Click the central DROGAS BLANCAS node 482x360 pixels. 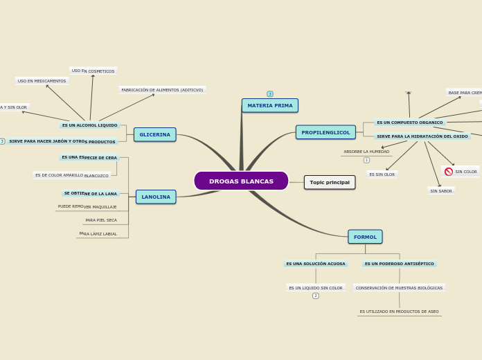click(x=241, y=181)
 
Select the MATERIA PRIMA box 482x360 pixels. click(x=270, y=106)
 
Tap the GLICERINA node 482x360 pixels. click(x=154, y=134)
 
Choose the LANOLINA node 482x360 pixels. click(x=156, y=197)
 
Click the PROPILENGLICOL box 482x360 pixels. click(x=325, y=132)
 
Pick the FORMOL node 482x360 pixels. click(x=365, y=237)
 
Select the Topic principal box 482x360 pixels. click(x=330, y=182)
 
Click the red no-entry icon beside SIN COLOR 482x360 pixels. click(x=449, y=172)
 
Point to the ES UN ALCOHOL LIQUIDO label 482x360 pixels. click(x=89, y=125)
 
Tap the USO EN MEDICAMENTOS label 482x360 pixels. click(x=42, y=81)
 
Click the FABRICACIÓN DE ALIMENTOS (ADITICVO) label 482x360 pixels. click(x=162, y=90)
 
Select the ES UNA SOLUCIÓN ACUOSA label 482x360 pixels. click(x=316, y=264)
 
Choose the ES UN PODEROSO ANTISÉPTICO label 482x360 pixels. click(x=400, y=264)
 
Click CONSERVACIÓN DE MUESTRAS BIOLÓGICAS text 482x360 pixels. click(x=399, y=288)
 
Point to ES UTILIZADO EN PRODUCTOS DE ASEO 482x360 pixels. click(x=399, y=312)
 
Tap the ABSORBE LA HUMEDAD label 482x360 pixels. click(x=366, y=152)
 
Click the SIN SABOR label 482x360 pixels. click(x=441, y=191)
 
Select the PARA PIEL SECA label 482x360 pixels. click(x=101, y=220)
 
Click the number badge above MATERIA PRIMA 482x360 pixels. click(x=270, y=94)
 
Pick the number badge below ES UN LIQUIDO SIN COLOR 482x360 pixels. click(x=316, y=296)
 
